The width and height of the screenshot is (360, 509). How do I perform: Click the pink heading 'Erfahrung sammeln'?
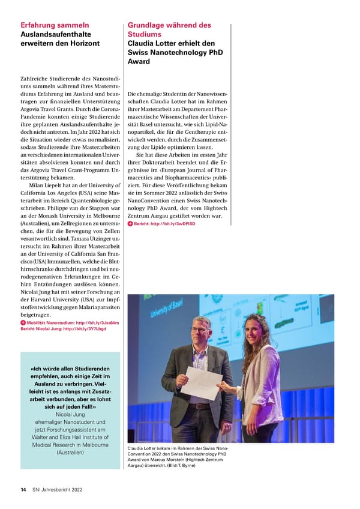[x=55, y=25]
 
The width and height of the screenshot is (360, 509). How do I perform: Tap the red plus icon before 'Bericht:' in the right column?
[x=130, y=224]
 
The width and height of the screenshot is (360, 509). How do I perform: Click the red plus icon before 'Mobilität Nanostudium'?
[x=23, y=323]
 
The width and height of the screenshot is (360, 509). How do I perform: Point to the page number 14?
[x=23, y=490]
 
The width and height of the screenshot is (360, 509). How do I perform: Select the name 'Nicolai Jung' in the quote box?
[x=70, y=414]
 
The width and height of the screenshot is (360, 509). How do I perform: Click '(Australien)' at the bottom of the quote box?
[x=70, y=452]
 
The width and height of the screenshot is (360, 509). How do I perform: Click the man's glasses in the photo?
[x=200, y=330]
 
